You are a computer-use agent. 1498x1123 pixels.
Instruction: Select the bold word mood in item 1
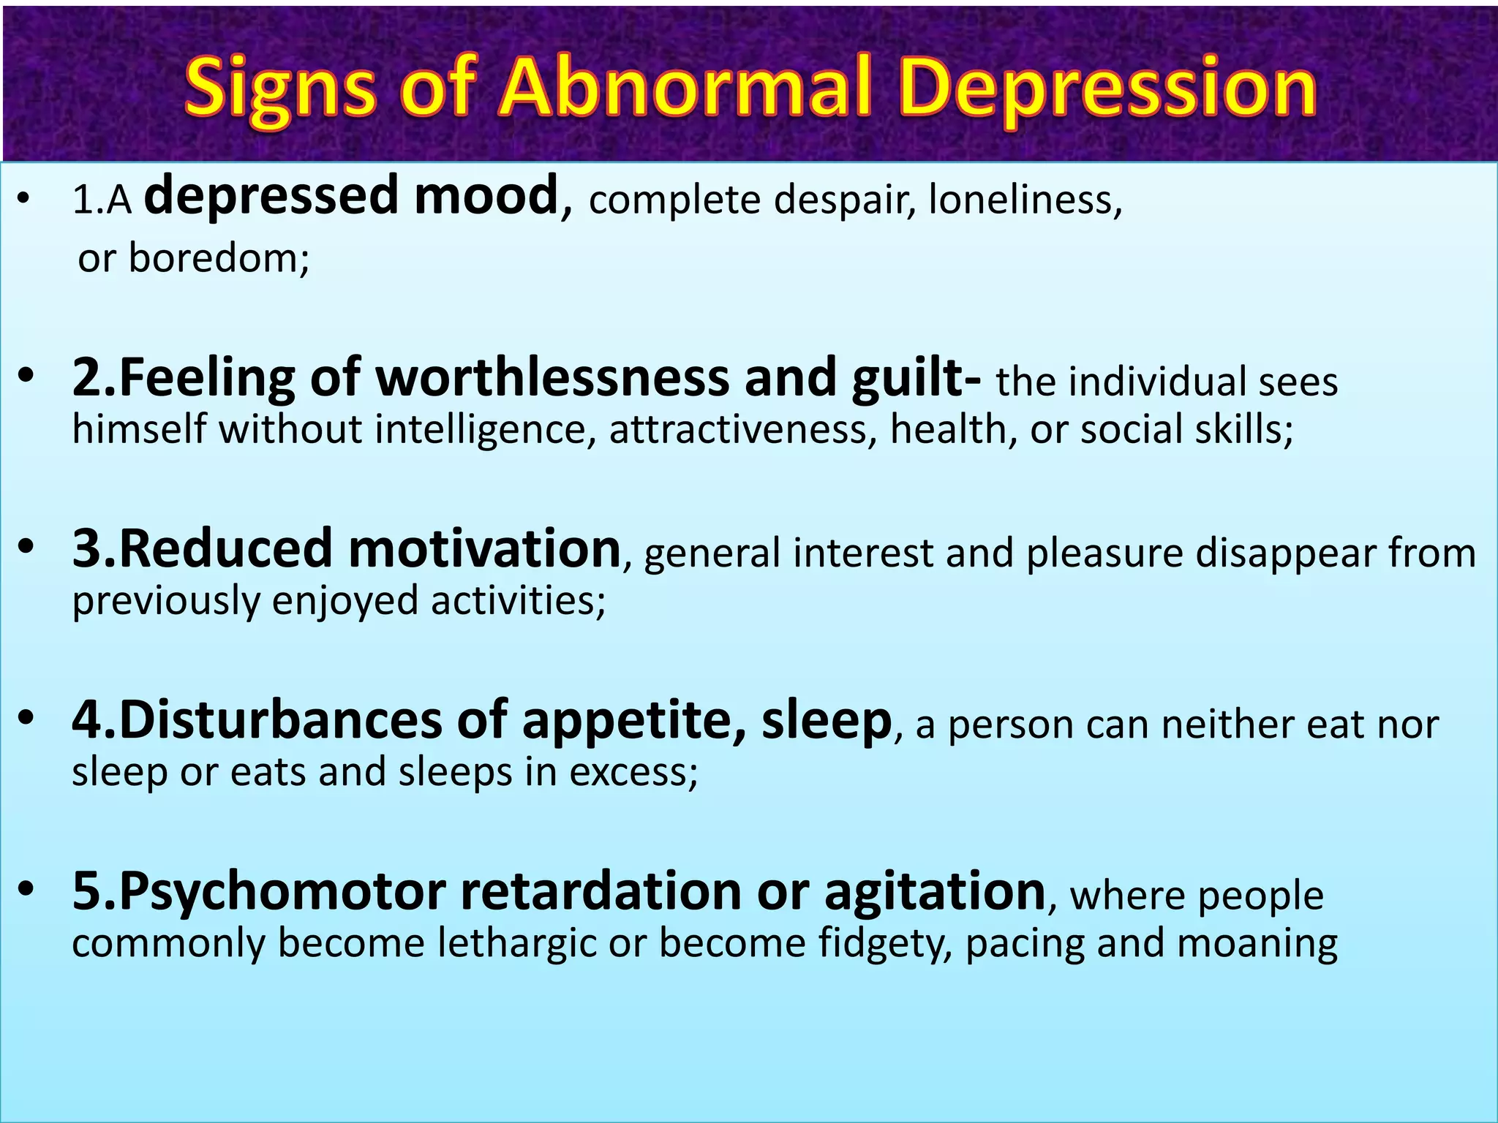(486, 196)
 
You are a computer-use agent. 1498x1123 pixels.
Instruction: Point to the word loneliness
(1024, 200)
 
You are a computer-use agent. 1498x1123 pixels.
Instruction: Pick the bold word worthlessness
(552, 378)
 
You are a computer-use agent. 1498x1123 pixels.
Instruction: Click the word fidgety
(885, 944)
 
